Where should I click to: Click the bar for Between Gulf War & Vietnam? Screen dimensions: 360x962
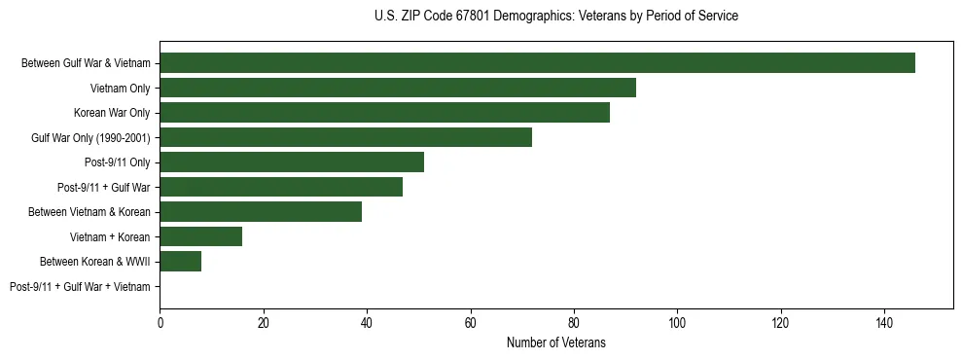point(537,63)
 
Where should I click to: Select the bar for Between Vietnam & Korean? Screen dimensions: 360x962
point(261,212)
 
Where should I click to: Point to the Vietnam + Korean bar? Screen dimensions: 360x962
point(201,236)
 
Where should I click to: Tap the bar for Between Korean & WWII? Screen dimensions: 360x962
point(181,262)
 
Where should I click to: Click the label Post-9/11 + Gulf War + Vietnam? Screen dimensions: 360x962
point(80,287)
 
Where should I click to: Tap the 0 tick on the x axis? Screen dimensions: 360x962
point(160,321)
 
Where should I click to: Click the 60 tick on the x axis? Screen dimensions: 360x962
point(471,321)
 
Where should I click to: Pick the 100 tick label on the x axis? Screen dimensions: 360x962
point(677,321)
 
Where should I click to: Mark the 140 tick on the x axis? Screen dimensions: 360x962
point(884,321)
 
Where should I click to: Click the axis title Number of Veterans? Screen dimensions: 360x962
point(555,342)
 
